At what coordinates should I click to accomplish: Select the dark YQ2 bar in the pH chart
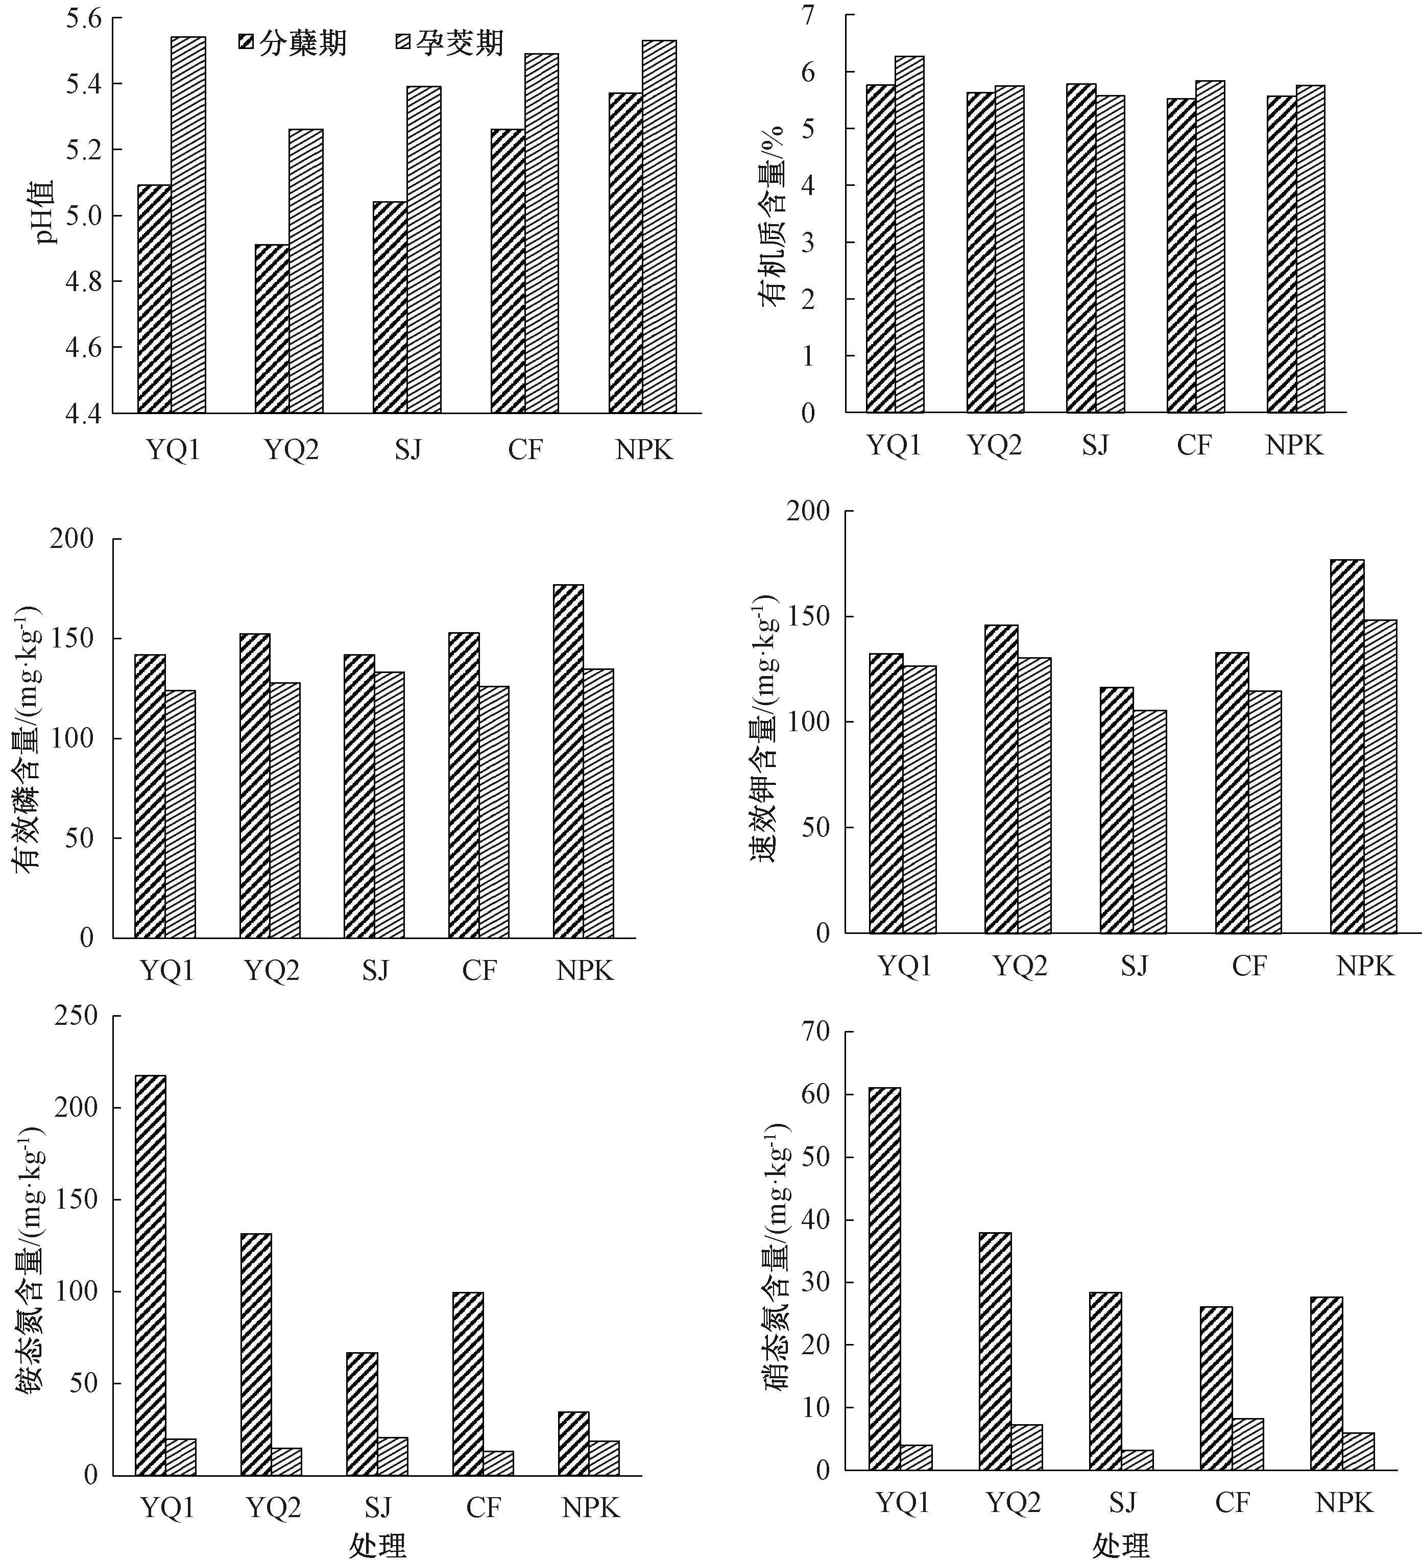tap(272, 328)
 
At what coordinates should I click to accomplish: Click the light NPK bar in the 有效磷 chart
tap(598, 803)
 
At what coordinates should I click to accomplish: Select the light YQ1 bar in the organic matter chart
tap(909, 234)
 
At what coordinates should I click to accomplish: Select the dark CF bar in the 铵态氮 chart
tap(468, 1383)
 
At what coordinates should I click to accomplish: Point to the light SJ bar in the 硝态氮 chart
tap(1137, 1459)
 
